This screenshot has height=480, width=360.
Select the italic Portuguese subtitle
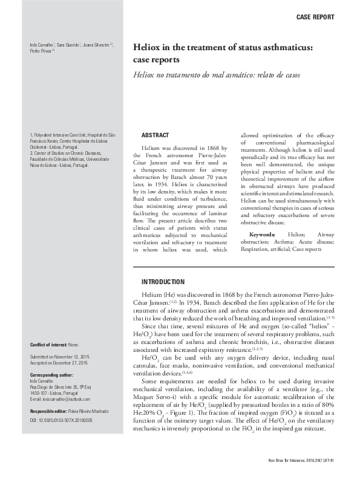click(x=216, y=76)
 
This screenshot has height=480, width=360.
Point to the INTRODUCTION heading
click(x=163, y=282)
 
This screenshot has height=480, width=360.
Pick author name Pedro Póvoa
click(x=42, y=53)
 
